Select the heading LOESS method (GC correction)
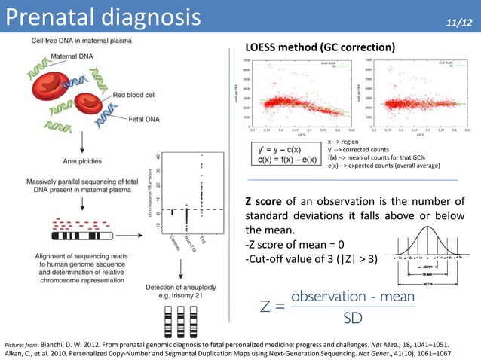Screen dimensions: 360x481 pos(320,47)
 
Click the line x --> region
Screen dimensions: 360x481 pos(344,141)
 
